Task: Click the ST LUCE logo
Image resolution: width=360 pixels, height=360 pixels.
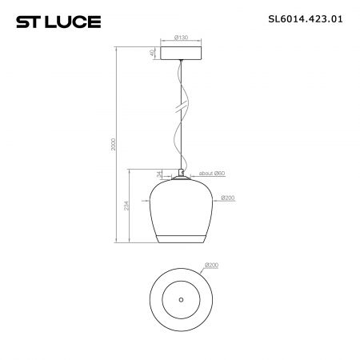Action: [58, 22]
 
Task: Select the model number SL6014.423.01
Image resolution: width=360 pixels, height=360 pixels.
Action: [306, 19]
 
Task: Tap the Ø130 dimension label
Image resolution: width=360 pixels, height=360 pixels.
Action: [181, 38]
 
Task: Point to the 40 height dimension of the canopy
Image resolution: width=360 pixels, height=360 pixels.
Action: [152, 53]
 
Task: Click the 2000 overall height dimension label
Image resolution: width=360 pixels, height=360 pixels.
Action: [114, 144]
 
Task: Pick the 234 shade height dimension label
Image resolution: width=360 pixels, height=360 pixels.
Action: [126, 206]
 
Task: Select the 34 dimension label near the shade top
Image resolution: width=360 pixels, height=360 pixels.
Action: [159, 174]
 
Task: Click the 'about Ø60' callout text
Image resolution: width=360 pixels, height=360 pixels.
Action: [212, 174]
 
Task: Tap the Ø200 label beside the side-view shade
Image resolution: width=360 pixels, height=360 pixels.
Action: [228, 198]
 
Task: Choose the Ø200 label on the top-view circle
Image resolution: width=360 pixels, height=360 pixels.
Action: [211, 266]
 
